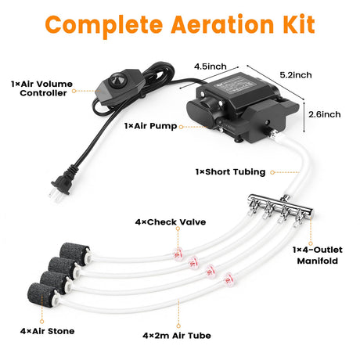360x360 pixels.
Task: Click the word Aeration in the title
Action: point(222,25)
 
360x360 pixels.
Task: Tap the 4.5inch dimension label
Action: point(211,67)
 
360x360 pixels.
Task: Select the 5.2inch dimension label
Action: point(296,75)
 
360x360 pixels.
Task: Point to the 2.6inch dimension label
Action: point(325,114)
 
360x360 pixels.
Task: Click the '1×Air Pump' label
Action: point(150,126)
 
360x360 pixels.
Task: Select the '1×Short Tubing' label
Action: point(230,172)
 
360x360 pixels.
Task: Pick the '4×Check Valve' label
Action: point(171,222)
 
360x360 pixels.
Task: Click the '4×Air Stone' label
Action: point(47,331)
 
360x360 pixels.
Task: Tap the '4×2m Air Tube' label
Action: point(177,336)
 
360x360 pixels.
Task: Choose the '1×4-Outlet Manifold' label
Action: point(318,255)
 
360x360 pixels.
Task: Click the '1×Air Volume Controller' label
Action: point(41,88)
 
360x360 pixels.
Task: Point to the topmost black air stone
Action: point(74,253)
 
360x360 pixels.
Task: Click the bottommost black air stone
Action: point(41,294)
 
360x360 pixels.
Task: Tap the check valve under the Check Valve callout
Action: point(178,254)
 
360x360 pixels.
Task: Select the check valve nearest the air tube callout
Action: point(229,279)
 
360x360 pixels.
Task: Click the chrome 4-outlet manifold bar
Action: point(280,204)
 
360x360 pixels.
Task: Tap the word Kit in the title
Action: point(299,24)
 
